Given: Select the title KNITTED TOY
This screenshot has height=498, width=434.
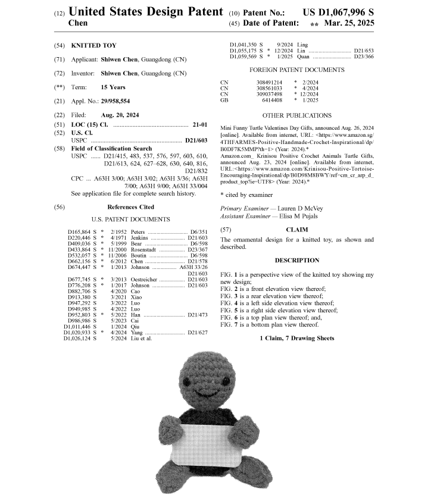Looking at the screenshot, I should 94,45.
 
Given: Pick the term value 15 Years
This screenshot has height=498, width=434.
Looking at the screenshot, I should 113,87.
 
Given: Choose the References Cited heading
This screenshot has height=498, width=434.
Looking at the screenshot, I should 130,207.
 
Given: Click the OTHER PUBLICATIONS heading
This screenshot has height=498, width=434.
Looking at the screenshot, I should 297,115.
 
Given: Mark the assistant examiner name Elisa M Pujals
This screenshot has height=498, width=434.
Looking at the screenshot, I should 304,217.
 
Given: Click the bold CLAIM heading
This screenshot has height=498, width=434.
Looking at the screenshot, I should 297,229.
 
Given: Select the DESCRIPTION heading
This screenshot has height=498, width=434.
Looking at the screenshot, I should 297,260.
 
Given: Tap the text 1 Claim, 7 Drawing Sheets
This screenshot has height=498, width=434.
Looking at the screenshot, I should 297,338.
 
